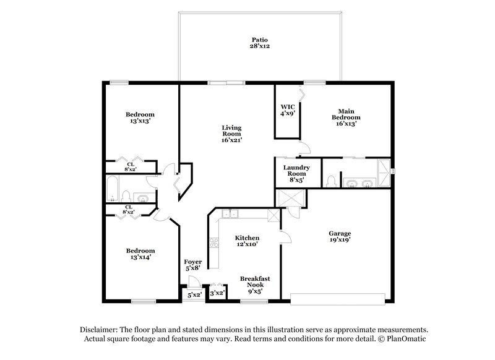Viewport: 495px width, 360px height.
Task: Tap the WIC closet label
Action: pos(286,110)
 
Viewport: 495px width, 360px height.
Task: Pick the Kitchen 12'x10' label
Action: pos(246,241)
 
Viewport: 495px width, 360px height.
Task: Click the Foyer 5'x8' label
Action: pos(193,265)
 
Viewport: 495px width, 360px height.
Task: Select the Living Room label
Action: pos(231,134)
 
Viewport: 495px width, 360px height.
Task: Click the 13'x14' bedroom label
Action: pos(140,253)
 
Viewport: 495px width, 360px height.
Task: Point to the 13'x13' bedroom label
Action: pos(140,118)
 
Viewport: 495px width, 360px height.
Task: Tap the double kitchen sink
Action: pos(231,214)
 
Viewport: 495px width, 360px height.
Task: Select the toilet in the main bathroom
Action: pos(332,181)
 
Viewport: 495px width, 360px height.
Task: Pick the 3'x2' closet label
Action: pos(217,294)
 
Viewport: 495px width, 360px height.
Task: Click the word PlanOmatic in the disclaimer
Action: pos(406,340)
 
